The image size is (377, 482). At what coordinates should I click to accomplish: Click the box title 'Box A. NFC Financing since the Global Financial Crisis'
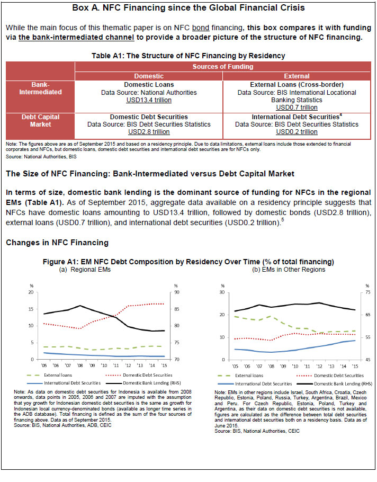[188, 8]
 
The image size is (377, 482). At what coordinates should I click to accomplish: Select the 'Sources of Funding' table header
[223, 67]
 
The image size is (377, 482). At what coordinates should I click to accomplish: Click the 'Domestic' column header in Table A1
[148, 76]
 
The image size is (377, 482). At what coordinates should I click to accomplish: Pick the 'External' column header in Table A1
[297, 76]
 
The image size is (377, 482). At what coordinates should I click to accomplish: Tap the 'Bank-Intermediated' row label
[40, 88]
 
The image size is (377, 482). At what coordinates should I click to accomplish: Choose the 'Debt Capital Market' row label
[40, 121]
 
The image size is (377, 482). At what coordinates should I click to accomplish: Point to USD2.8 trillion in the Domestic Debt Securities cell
[149, 132]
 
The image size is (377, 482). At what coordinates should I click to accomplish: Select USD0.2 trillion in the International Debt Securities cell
[297, 132]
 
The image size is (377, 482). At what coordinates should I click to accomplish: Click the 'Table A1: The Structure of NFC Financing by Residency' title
[188, 55]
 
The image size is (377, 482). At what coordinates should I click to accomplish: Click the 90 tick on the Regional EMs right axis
[175, 292]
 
